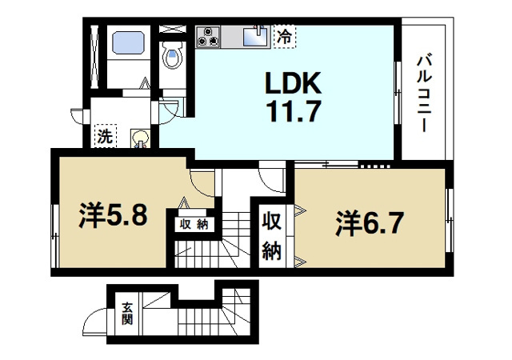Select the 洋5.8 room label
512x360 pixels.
click(113, 216)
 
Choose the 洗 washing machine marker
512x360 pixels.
click(105, 136)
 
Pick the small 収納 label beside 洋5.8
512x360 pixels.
click(193, 224)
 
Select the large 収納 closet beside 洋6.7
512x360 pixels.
click(272, 235)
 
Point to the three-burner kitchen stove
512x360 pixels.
click(210, 36)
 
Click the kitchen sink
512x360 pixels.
click(255, 35)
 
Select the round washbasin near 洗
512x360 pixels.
click(140, 138)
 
